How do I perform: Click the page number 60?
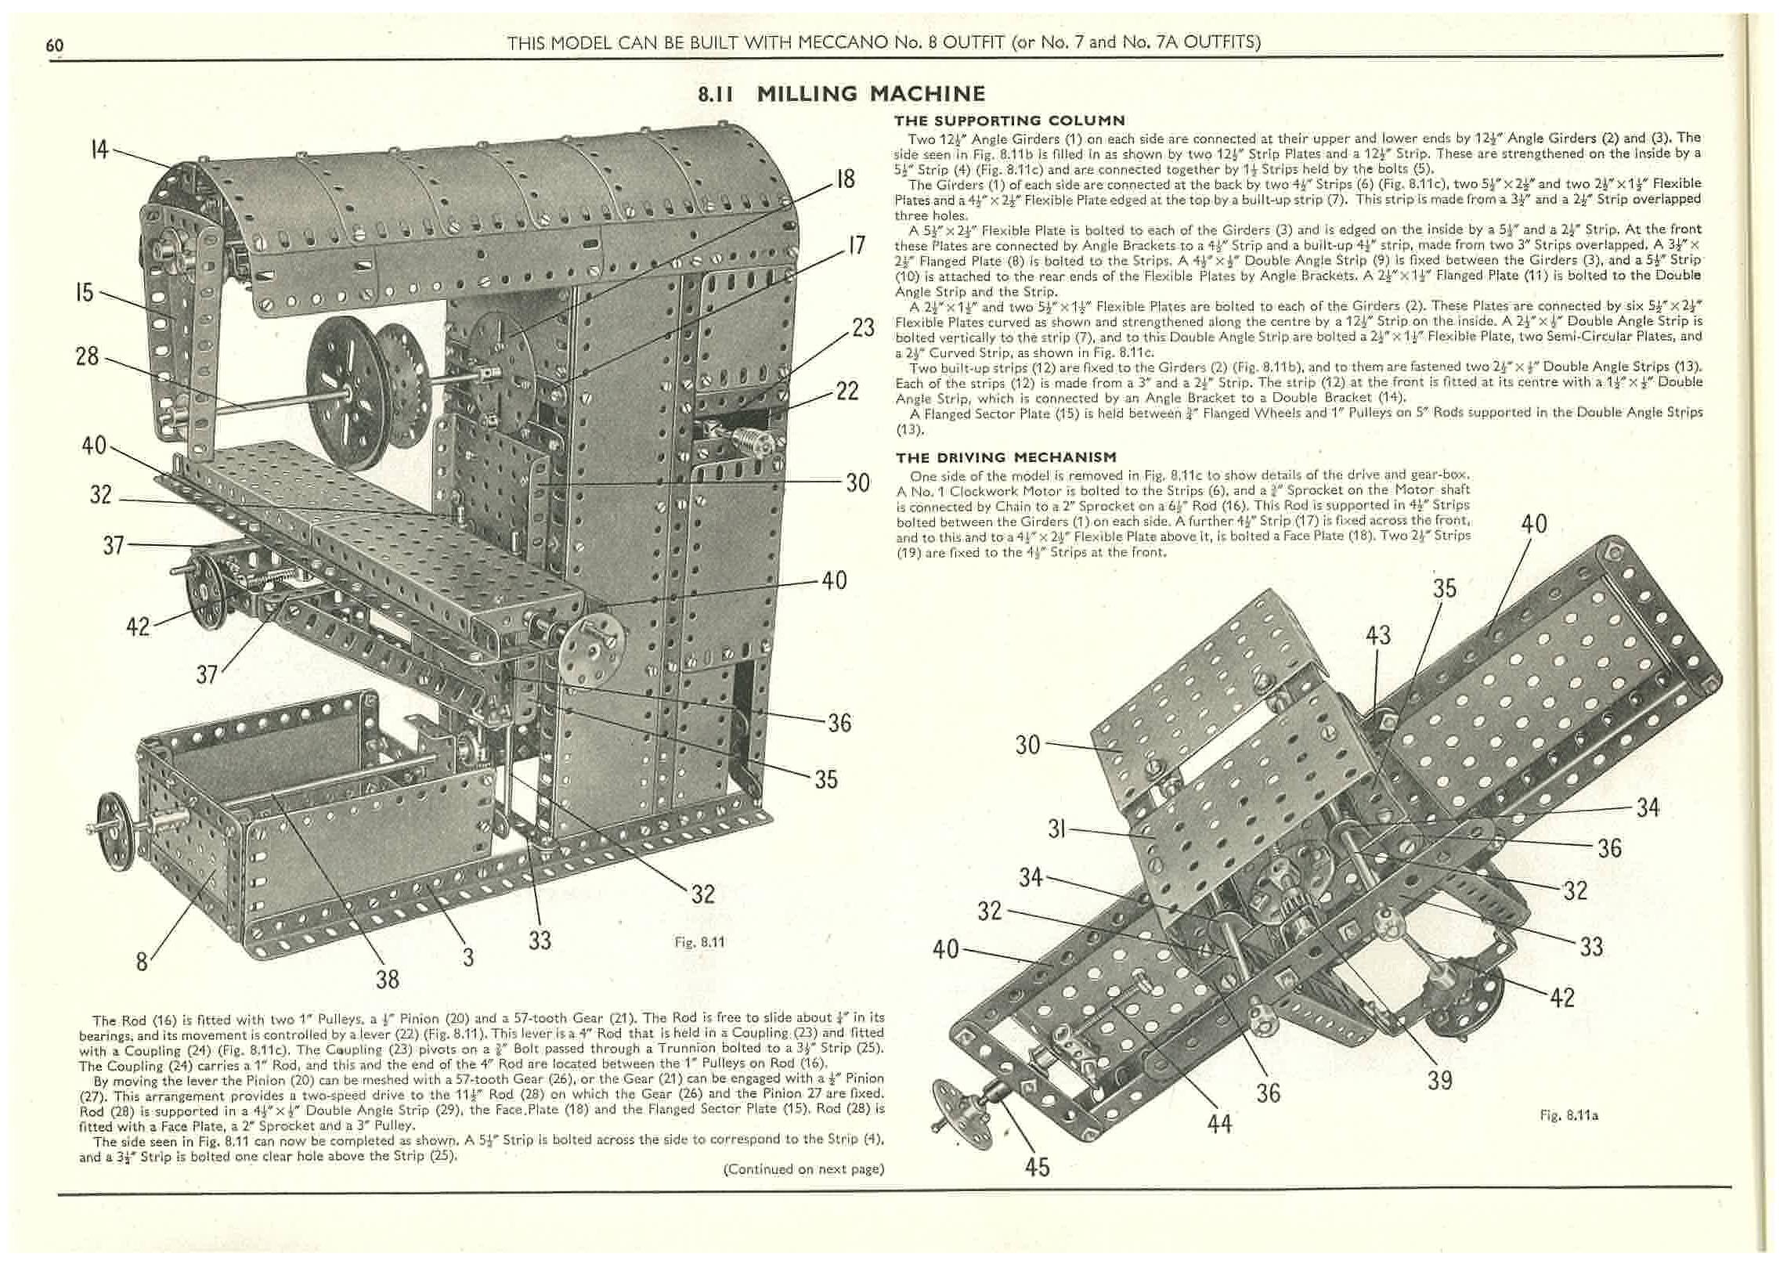(54, 45)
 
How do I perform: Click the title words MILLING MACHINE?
(870, 95)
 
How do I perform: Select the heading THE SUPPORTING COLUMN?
(1009, 121)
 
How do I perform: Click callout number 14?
(99, 149)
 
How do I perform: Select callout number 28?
(87, 356)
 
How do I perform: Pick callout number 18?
(845, 179)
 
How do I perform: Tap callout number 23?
(862, 327)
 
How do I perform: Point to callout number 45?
(1037, 1167)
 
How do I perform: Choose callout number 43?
(1377, 634)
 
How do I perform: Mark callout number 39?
(1439, 1081)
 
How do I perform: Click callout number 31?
(1057, 828)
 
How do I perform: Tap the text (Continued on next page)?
(803, 1169)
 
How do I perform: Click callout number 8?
(142, 961)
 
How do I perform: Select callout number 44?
(1219, 1124)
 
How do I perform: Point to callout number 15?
(84, 293)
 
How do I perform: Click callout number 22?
(847, 391)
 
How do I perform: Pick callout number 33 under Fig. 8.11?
(540, 940)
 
